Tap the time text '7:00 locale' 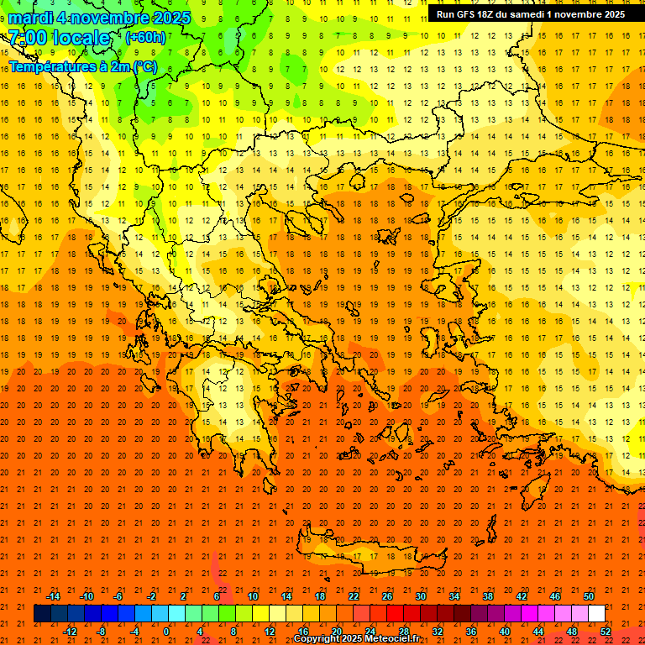pyautogui.click(x=59, y=38)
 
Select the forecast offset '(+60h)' pyautogui.click(x=145, y=38)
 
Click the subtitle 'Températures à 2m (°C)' pyautogui.click(x=82, y=66)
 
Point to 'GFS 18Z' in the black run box pyautogui.click(x=475, y=14)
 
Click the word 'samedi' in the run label pyautogui.click(x=532, y=14)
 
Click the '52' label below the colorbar pyautogui.click(x=606, y=632)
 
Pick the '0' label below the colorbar pyautogui.click(x=166, y=632)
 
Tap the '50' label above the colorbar pyautogui.click(x=589, y=596)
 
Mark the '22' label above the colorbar pyautogui.click(x=354, y=596)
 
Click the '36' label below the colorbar pyautogui.click(x=471, y=632)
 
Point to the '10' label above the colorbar pyautogui.click(x=252, y=596)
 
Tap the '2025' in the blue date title pyautogui.click(x=168, y=18)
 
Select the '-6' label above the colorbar pyautogui.click(x=118, y=596)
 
